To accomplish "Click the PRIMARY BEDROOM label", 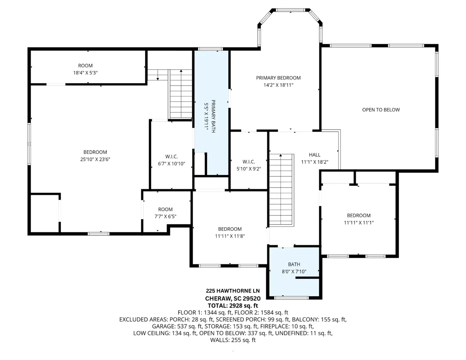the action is [x=278, y=78].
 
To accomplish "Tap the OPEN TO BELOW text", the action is [x=381, y=110].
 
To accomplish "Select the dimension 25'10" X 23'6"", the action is [x=95, y=159].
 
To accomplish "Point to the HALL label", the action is [x=315, y=155].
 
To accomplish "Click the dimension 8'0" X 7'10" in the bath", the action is [x=294, y=271].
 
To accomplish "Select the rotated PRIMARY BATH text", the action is [x=213, y=116].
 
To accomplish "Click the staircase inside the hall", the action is [x=282, y=190].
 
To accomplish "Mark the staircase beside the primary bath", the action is [x=180, y=94].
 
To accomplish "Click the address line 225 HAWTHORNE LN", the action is [x=233, y=291].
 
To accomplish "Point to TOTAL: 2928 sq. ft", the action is [x=233, y=306].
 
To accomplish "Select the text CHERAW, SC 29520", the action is [x=233, y=299].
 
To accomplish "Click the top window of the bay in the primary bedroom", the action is [x=290, y=10].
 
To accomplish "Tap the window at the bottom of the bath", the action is [x=291, y=298].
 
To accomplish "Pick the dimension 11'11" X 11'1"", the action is [x=359, y=223].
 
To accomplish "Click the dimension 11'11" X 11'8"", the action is [x=230, y=236].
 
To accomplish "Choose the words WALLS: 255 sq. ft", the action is [x=233, y=340].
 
